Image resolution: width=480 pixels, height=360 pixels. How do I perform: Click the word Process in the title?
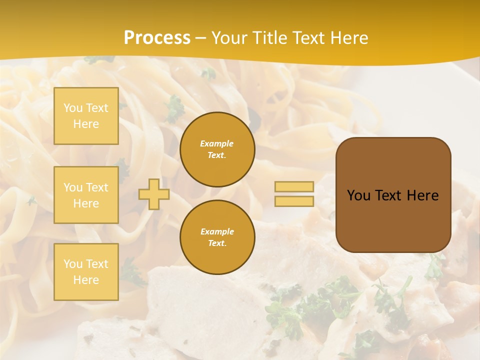click(x=157, y=38)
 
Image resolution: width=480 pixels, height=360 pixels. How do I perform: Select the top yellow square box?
click(x=86, y=116)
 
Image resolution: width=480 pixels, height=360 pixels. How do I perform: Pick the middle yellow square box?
click(x=86, y=195)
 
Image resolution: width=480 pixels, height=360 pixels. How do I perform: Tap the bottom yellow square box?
click(x=86, y=271)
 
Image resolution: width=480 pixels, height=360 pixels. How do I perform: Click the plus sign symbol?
click(x=154, y=194)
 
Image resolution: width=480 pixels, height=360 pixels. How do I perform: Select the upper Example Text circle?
click(x=217, y=149)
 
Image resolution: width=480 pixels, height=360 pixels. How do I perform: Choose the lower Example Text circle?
click(x=217, y=237)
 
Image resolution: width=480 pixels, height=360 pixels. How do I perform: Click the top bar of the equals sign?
click(x=294, y=186)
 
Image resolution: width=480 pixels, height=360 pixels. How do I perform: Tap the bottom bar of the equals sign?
click(x=294, y=201)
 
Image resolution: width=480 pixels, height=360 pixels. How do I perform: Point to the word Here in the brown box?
click(x=422, y=195)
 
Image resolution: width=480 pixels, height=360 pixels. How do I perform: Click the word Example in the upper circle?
click(x=217, y=143)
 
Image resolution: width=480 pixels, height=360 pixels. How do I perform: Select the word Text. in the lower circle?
click(x=217, y=243)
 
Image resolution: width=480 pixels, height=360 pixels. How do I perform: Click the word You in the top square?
click(x=73, y=108)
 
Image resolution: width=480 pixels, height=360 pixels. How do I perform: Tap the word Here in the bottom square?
click(x=86, y=280)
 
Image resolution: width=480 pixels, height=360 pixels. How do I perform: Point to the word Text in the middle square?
click(x=96, y=187)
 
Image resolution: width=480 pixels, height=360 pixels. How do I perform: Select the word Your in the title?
click(x=229, y=38)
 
